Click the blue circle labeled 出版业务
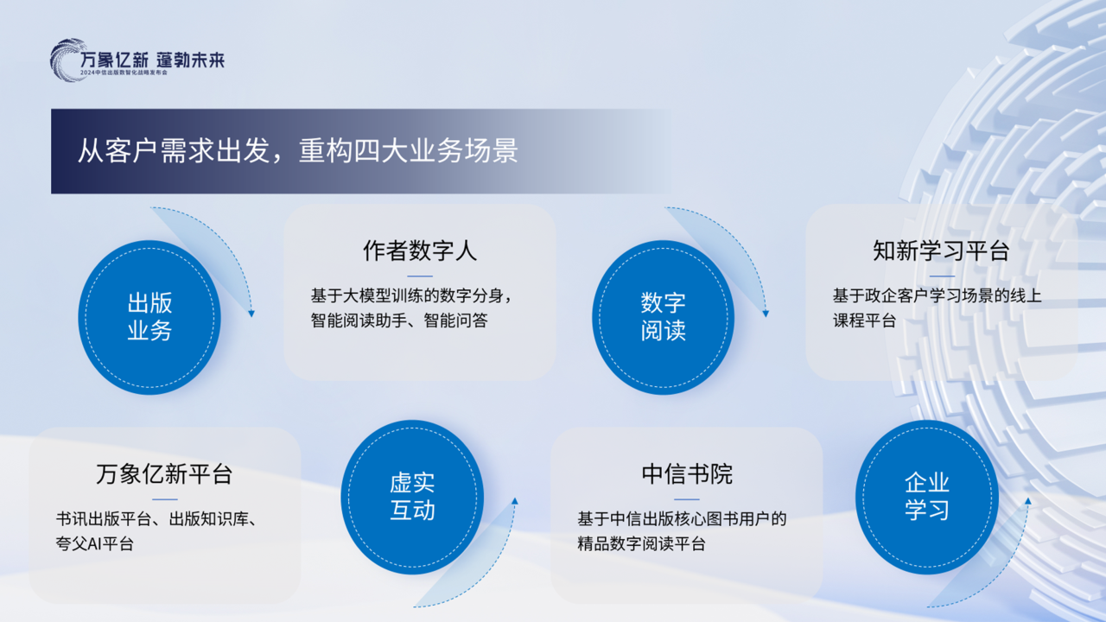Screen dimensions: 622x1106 pyautogui.click(x=149, y=317)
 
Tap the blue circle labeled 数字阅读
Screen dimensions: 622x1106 pyautogui.click(x=663, y=317)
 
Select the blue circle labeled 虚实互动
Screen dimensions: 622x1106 pyautogui.click(x=412, y=497)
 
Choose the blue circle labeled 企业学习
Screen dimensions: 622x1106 pyautogui.click(x=926, y=497)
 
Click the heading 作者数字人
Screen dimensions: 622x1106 pyautogui.click(x=419, y=251)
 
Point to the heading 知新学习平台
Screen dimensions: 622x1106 pyautogui.click(x=941, y=251)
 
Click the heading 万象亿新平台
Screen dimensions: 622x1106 pyautogui.click(x=164, y=474)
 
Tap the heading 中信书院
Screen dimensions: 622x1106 pyautogui.click(x=687, y=474)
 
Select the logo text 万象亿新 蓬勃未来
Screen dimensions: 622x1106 pyautogui.click(x=152, y=60)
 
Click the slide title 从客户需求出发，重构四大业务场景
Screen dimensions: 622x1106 pyautogui.click(x=298, y=151)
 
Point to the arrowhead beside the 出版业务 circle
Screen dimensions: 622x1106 pyautogui.click(x=251, y=313)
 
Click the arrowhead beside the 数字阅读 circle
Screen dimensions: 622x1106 pyautogui.click(x=766, y=313)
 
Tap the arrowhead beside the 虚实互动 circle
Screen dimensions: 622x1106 pyautogui.click(x=515, y=501)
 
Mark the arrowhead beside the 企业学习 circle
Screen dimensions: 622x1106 pyautogui.click(x=1028, y=501)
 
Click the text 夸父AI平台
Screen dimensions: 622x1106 pyautogui.click(x=94, y=544)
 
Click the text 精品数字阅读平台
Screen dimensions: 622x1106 pyautogui.click(x=641, y=544)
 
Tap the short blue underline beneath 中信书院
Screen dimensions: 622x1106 pyautogui.click(x=687, y=499)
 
